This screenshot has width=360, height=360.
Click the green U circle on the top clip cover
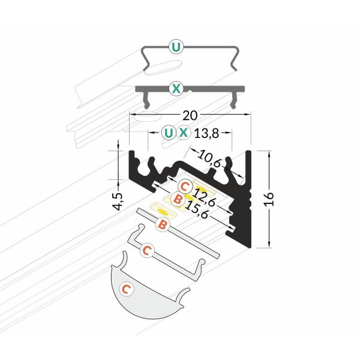176,47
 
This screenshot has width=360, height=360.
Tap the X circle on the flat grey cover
176,88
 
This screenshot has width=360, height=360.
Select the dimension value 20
190,115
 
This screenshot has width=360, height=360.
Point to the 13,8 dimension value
206,133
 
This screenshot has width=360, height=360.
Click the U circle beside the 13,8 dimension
169,133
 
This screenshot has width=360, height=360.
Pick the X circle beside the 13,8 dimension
183,133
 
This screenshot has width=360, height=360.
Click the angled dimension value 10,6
209,158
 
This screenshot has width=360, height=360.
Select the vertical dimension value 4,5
119,202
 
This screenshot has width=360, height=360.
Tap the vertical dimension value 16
269,199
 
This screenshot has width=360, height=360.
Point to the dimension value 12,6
203,197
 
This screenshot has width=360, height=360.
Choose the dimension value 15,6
197,209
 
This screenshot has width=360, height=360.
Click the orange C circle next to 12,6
185,186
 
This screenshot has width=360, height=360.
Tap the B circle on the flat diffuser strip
163,224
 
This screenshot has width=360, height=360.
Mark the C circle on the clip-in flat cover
147,250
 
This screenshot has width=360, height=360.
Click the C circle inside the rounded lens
127,289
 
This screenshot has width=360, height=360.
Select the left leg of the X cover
146,100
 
